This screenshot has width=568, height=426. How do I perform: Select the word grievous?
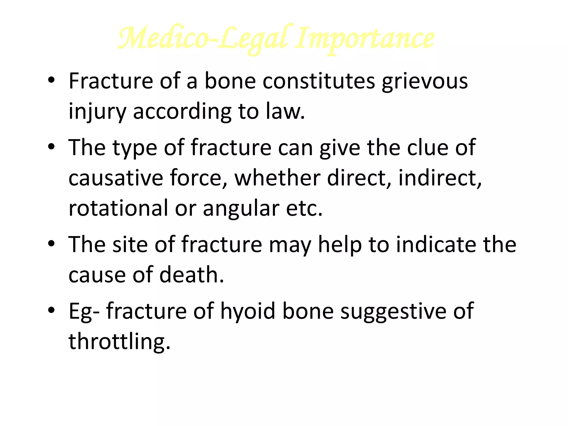pos(425,81)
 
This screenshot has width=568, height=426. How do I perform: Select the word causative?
pos(116,178)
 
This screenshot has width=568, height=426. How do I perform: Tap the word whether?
pos(277,178)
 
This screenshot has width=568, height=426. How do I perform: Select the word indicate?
pos(436,244)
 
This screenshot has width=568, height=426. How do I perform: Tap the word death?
pos(192,275)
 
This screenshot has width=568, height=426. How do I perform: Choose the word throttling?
pos(119,341)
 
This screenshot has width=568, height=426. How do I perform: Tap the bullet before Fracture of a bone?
pos(51,80)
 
